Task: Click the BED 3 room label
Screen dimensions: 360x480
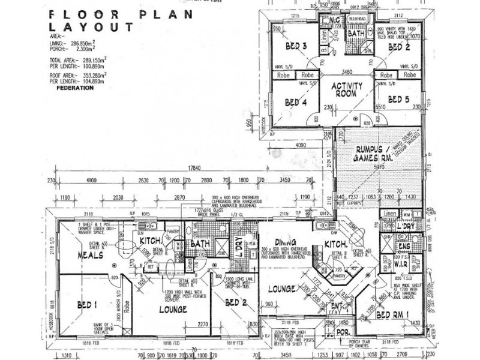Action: pyautogui.click(x=296, y=46)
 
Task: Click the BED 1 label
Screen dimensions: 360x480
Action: pyautogui.click(x=88, y=305)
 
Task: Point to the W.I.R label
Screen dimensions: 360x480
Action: pyautogui.click(x=401, y=263)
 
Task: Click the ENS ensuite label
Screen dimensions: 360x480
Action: pyautogui.click(x=404, y=247)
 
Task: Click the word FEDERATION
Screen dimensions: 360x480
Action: pyautogui.click(x=74, y=88)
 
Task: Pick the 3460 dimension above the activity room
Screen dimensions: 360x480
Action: pyautogui.click(x=346, y=71)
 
